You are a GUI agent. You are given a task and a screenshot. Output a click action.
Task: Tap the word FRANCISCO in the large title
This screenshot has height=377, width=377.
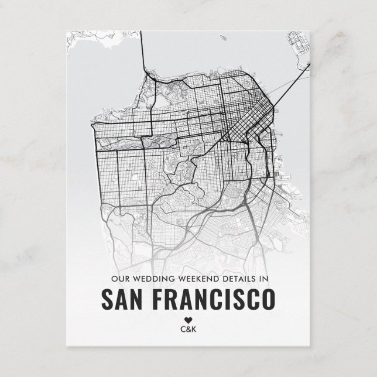[x=213, y=299]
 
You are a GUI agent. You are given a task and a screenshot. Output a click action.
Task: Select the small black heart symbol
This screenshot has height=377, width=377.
[x=188, y=320]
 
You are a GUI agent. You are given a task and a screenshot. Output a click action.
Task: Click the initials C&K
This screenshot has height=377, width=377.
[x=188, y=329]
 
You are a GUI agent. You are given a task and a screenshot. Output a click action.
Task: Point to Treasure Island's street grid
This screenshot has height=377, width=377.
[x=299, y=43]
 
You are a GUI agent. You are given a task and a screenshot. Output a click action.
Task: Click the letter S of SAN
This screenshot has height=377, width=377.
[x=107, y=299]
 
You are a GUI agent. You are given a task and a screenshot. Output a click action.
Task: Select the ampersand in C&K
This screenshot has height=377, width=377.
[x=188, y=329]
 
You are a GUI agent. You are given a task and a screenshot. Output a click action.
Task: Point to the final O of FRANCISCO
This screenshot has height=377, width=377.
[x=267, y=299]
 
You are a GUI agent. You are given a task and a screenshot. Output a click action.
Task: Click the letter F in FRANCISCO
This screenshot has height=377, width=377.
[x=157, y=299]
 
